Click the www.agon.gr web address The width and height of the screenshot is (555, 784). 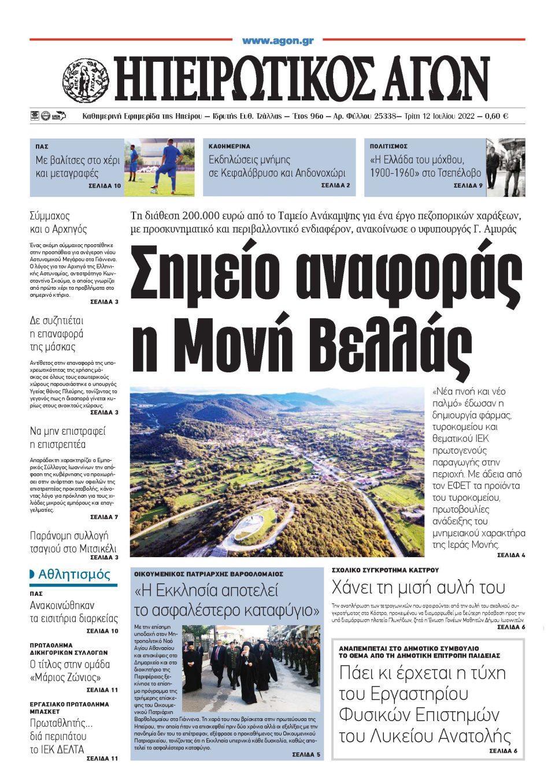pos(277,41)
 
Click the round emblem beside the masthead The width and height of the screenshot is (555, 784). pos(85,77)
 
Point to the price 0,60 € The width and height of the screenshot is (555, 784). pos(496,116)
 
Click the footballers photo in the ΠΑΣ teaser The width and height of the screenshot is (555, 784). pos(159,167)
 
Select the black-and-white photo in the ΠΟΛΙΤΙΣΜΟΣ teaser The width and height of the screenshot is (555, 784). pos(505,167)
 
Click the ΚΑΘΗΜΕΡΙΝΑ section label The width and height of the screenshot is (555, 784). pos(229,147)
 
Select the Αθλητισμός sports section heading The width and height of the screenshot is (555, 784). pos(73,574)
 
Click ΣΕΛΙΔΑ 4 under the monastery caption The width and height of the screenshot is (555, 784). pos(510,555)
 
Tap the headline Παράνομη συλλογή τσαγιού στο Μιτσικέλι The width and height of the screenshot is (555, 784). pos(73,542)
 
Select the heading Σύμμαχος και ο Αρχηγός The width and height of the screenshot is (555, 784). pos(58,222)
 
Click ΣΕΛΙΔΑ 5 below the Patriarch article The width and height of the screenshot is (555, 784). pos(306,754)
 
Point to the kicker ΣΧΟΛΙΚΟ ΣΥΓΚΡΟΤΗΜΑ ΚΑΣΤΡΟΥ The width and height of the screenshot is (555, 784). pos(385,570)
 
